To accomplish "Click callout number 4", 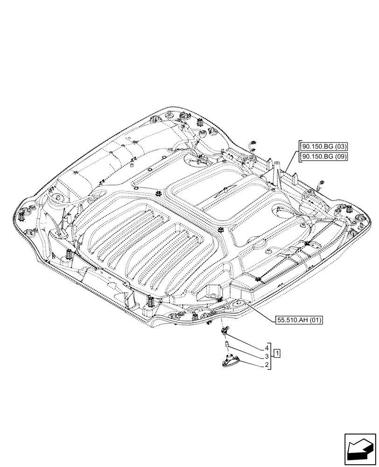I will pyautogui.click(x=267, y=348).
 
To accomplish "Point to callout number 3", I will pyautogui.click(x=267, y=356).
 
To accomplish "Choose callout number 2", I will pyautogui.click(x=267, y=365).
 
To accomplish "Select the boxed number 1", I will pyautogui.click(x=277, y=352).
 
